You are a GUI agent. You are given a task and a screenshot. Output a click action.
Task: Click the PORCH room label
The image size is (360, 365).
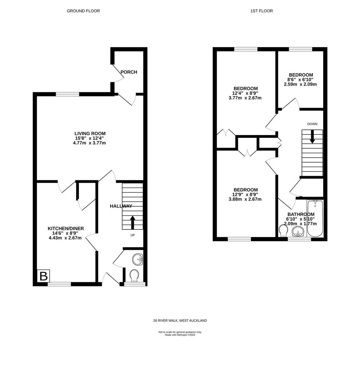coord(128,72)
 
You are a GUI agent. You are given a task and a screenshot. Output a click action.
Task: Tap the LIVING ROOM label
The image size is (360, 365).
coord(90,134)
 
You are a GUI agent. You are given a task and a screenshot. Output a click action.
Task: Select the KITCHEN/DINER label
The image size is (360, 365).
coord(66,228)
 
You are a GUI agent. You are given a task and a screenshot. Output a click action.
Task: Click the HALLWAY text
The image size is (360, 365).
coord(121,206)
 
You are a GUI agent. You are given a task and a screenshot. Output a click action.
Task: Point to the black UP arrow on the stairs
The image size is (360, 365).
coord(133,222)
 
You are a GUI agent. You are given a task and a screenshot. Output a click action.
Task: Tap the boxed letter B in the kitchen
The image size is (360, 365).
coord(44,276)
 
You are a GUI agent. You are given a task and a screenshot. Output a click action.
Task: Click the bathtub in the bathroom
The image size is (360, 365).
coord(315,219)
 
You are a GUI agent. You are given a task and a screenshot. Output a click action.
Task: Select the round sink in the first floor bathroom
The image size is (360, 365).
coord(298,232)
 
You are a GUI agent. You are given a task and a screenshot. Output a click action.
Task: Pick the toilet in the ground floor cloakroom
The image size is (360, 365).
coord(134,276)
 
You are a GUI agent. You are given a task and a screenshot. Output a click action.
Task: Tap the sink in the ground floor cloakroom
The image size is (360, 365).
coord(138,259)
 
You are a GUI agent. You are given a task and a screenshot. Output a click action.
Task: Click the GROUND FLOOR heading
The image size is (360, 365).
coord(83,11)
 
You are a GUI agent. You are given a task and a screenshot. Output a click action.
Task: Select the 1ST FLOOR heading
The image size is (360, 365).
coord(262,11)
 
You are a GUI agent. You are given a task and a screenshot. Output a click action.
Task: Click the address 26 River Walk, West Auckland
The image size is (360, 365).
coord(180,320)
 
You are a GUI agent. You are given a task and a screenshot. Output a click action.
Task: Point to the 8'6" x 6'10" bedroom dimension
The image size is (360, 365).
coord(300,79)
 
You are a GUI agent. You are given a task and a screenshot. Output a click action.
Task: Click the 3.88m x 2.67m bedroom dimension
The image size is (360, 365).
coord(245,199)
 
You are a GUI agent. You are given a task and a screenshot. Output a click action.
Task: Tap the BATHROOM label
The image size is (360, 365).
coord(301,214)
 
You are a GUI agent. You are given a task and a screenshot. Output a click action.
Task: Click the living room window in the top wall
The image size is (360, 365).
coord(67,94)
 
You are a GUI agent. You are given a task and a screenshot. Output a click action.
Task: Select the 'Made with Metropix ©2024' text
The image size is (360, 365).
coord(180,335)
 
